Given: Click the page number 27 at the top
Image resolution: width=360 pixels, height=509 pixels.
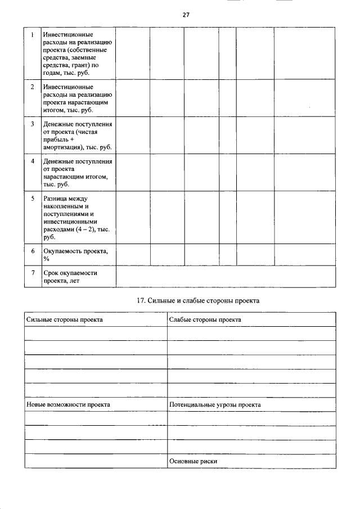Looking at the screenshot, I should click(x=186, y=15).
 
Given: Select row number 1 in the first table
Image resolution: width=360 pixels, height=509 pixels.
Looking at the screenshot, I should click(x=33, y=35).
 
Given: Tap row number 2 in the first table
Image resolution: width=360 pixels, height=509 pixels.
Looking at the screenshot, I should click(x=33, y=87).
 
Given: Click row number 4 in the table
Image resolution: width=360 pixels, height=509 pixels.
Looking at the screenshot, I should click(x=33, y=161).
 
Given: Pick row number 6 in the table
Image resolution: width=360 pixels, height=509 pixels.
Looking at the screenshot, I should click(x=33, y=251).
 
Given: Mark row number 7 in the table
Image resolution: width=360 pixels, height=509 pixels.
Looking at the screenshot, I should click(x=33, y=273).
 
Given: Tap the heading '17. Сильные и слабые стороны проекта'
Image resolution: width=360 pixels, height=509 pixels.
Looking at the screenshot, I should click(x=198, y=301).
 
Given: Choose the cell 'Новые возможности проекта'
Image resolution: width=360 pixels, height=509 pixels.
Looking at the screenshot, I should click(x=68, y=404).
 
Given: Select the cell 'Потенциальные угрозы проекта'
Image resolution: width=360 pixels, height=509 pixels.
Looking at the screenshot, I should click(x=215, y=404).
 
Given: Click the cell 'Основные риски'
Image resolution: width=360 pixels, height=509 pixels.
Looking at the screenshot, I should click(x=193, y=461).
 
